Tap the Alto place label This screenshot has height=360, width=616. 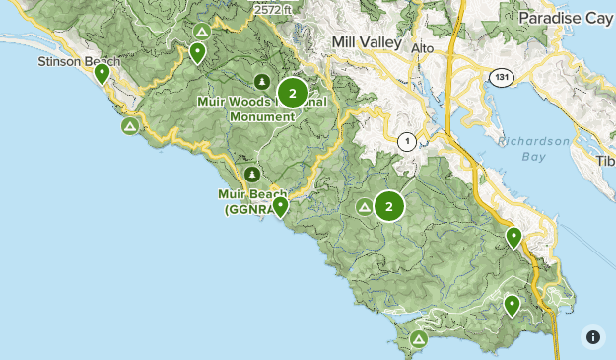[x=422, y=48]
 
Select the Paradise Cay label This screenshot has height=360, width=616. [x=565, y=19]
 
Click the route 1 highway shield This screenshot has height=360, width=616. [x=405, y=141]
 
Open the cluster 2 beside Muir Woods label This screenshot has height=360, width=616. [x=293, y=94]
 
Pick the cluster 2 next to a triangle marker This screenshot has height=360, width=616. [x=389, y=206]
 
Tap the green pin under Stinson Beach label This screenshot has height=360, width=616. [x=102, y=73]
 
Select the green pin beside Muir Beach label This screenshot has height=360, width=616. [x=280, y=206]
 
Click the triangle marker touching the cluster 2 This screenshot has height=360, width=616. [x=364, y=207]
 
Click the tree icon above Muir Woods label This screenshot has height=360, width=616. [x=261, y=81]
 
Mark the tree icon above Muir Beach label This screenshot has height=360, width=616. [x=252, y=175]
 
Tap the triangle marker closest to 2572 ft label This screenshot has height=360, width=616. [x=202, y=32]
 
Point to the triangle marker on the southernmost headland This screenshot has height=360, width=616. [x=418, y=339]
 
